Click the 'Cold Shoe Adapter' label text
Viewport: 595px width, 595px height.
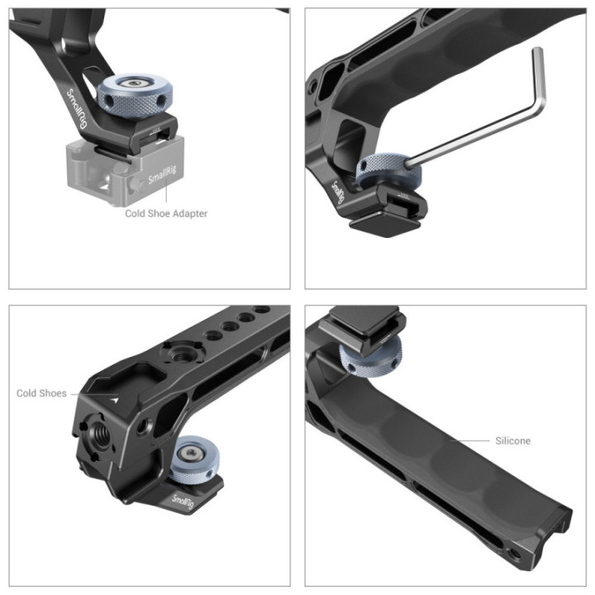166,213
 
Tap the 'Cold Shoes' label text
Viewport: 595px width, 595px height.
41,393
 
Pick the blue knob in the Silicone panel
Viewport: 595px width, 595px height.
367,357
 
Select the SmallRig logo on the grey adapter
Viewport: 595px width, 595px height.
162,177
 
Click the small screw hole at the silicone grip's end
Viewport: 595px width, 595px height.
517,552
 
